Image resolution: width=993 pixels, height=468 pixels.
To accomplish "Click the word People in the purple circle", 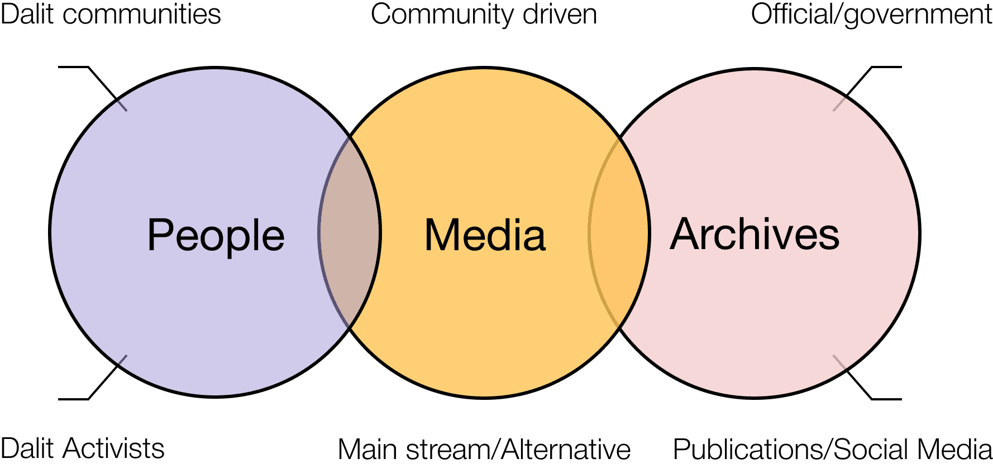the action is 216,235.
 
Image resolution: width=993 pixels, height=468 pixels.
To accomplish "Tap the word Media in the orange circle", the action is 485,235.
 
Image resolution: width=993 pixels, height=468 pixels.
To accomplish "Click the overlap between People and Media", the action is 350,232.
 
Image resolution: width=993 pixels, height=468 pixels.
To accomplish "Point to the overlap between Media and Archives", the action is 619,232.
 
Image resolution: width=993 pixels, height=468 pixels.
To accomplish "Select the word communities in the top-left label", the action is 142,14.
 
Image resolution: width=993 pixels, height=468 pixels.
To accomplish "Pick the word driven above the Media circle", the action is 560,14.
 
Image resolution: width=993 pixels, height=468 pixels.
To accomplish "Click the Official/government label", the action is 871,15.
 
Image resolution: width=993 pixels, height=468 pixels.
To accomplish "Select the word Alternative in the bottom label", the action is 566,450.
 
